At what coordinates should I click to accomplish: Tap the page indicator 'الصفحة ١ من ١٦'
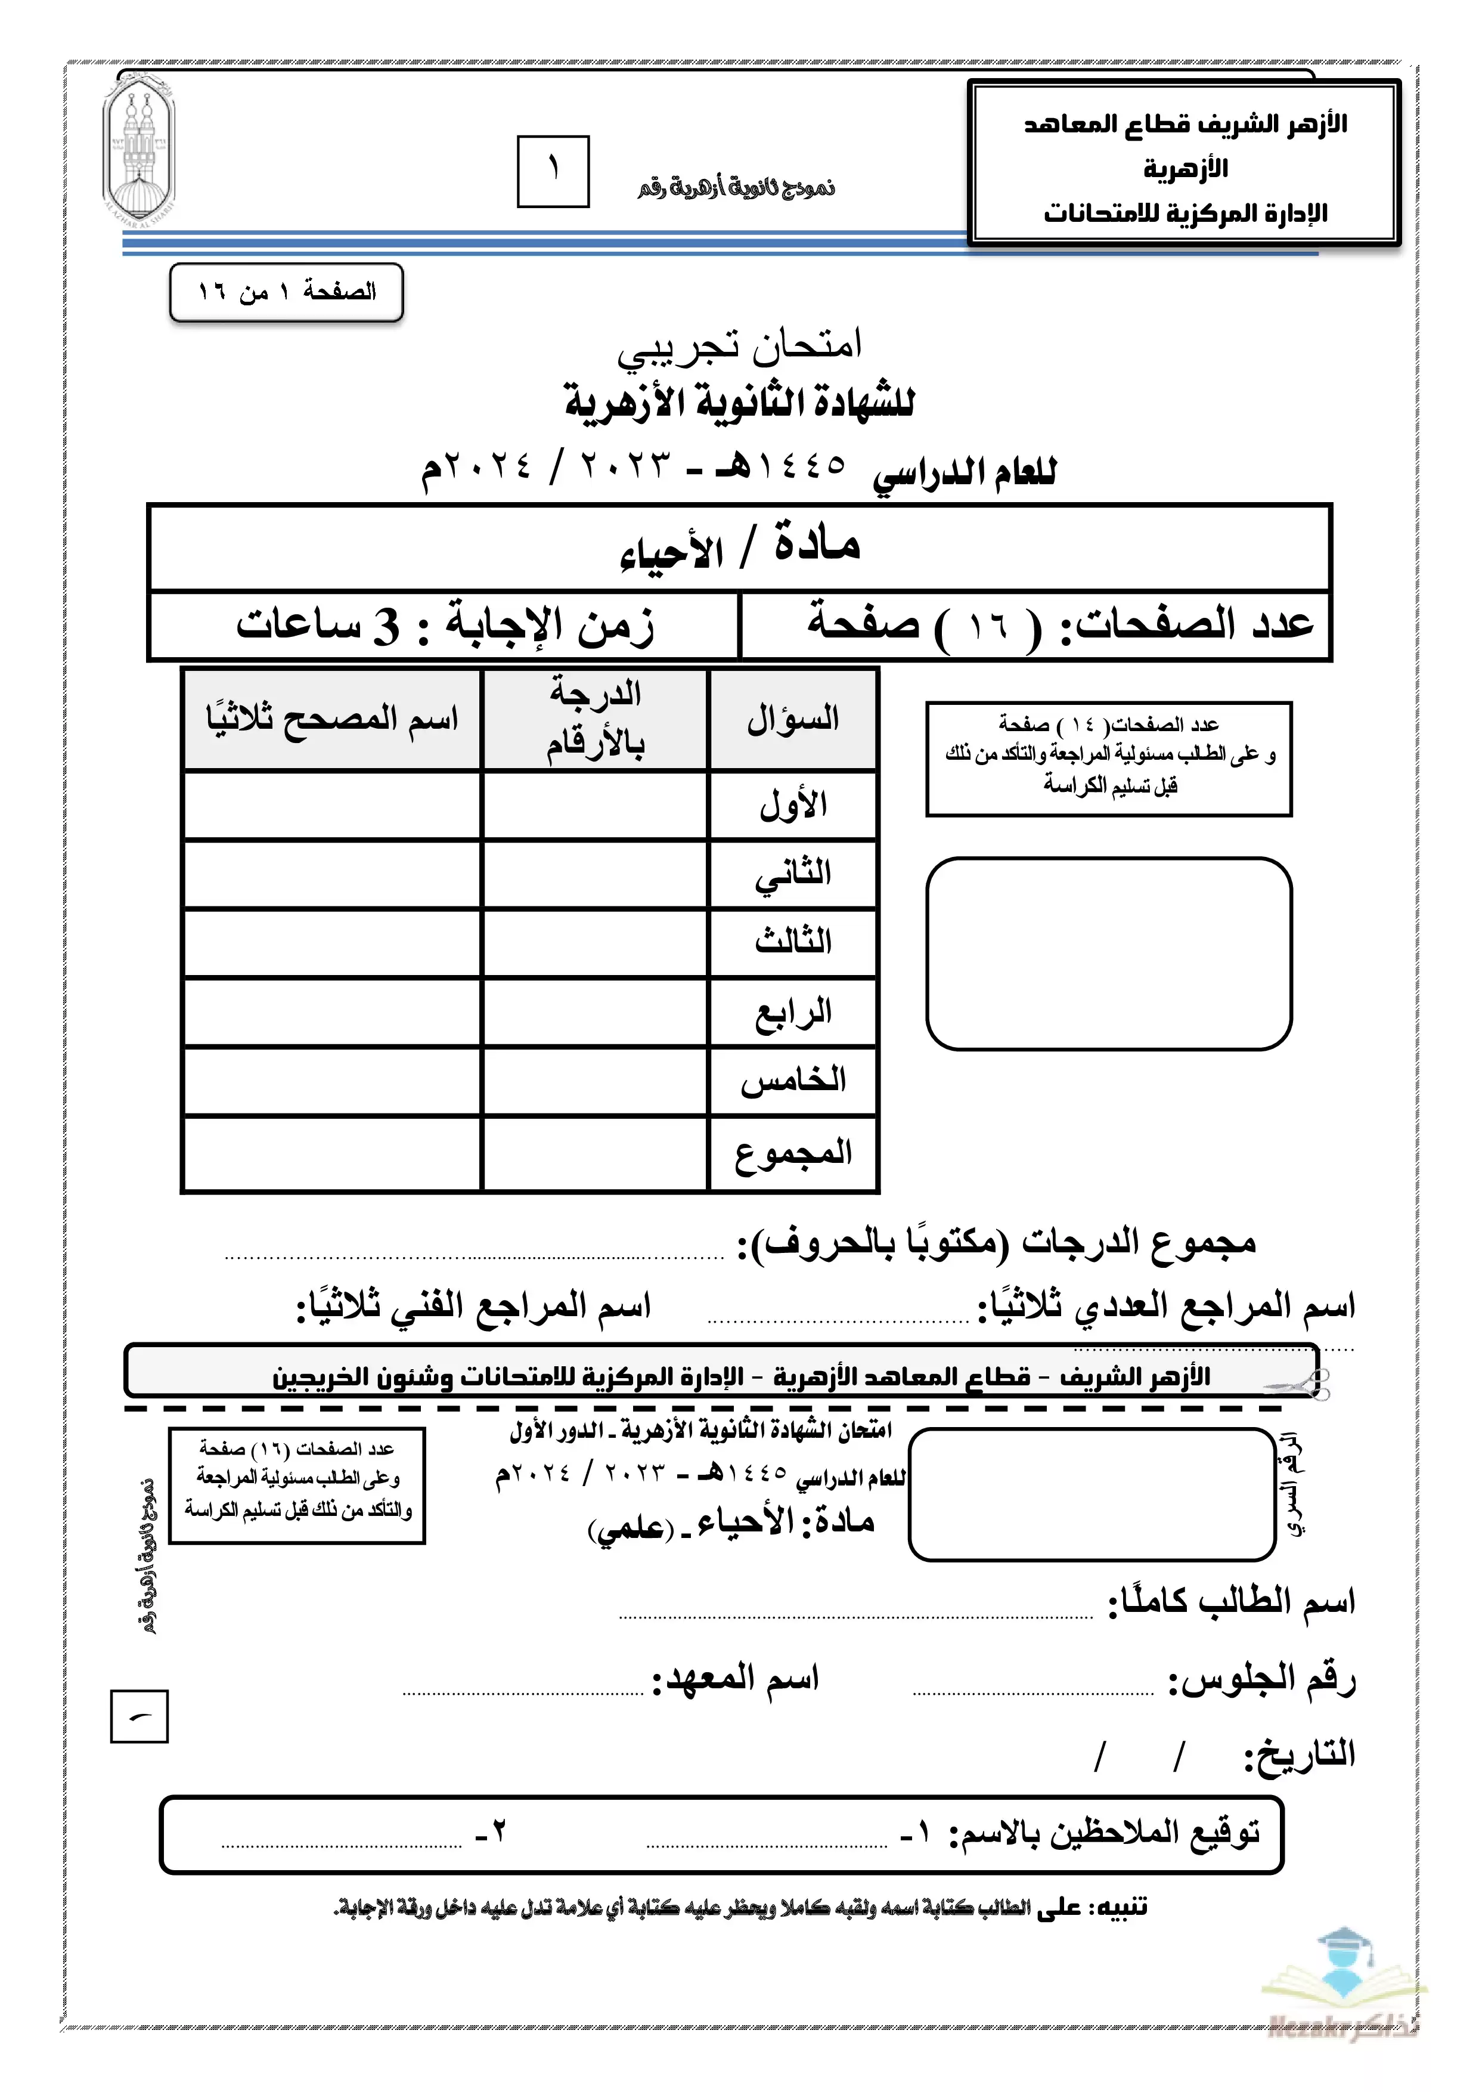(x=287, y=292)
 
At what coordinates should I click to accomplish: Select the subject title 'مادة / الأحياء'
(x=739, y=547)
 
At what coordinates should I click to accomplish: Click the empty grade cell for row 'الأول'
(x=595, y=806)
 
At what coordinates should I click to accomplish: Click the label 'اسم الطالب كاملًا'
(x=1231, y=1601)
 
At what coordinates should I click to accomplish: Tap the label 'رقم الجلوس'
(x=1262, y=1678)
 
